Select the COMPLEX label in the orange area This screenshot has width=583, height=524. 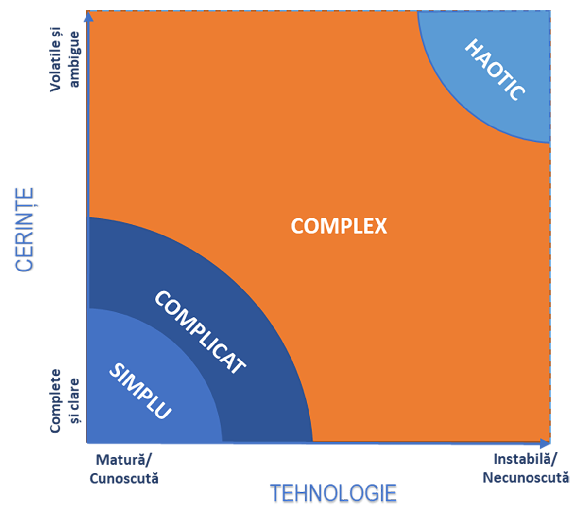click(x=339, y=226)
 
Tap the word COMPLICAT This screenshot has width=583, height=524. click(x=200, y=332)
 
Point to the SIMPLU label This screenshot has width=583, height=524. click(x=140, y=391)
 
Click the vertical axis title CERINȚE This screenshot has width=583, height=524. click(x=24, y=229)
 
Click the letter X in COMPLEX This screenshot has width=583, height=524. click(x=380, y=226)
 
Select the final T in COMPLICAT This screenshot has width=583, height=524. click(x=238, y=366)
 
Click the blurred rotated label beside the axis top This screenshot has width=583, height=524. click(x=66, y=63)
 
